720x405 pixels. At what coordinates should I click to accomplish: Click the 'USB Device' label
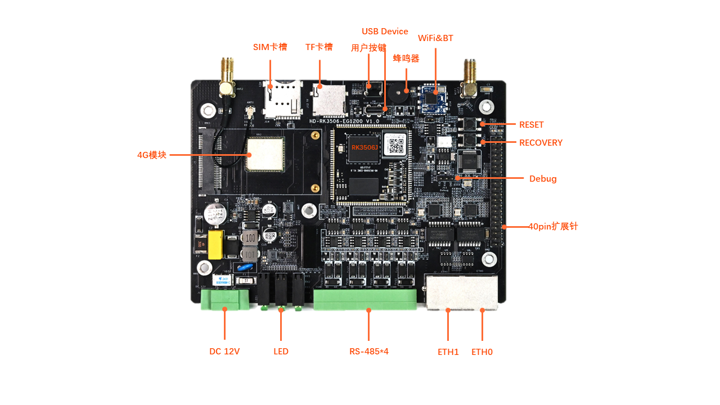[x=385, y=31]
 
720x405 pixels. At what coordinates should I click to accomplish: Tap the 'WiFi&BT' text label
[x=435, y=38]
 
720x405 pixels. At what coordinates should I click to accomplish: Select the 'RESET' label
[x=531, y=125]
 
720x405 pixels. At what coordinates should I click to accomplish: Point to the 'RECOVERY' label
[x=541, y=143]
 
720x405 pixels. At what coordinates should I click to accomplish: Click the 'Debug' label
[x=543, y=179]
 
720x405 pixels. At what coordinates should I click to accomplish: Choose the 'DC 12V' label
[x=224, y=352]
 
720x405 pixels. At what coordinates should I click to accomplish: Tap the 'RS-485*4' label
[x=369, y=352]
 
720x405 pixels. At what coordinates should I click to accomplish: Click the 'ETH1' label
[x=448, y=352]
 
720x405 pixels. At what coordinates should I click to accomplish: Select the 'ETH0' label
[x=482, y=352]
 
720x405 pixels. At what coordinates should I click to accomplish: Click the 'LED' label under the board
[x=281, y=352]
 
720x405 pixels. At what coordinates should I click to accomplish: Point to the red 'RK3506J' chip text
[x=365, y=147]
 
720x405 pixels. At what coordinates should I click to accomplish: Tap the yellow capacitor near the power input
[x=215, y=244]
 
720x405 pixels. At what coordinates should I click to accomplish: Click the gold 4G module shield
[x=265, y=153]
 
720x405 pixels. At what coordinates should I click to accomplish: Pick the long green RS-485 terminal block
[x=365, y=299]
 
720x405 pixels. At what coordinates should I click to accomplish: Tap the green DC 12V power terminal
[x=225, y=299]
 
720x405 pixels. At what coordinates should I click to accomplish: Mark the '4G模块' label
[x=152, y=155]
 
